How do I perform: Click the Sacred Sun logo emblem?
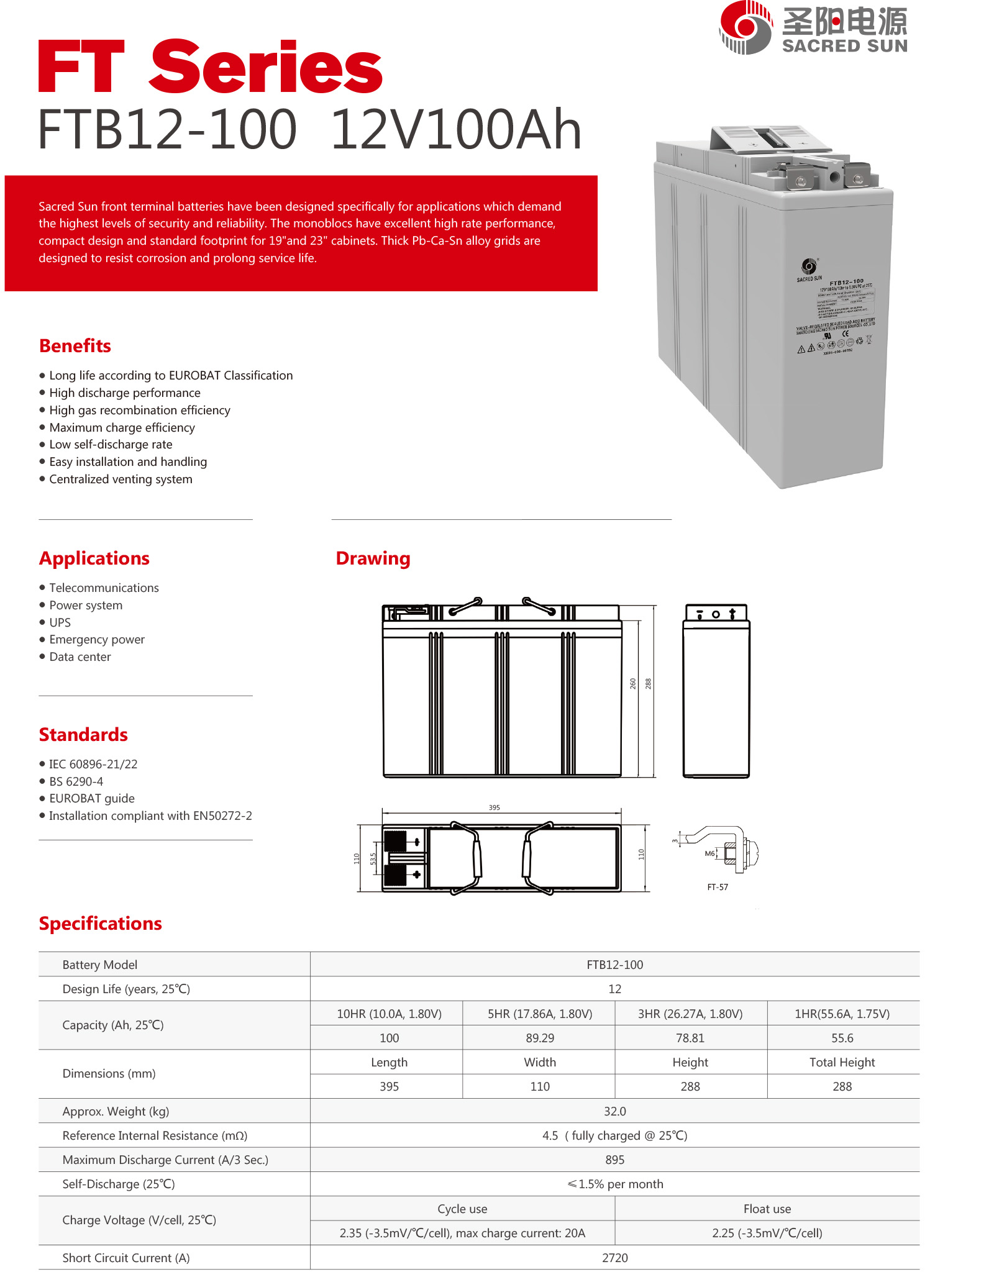pyautogui.click(x=745, y=27)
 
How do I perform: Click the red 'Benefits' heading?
pyautogui.click(x=75, y=346)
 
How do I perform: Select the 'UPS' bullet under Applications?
pyautogui.click(x=60, y=622)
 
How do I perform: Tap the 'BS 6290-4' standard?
pyautogui.click(x=76, y=781)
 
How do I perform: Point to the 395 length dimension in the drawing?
pyautogui.click(x=494, y=807)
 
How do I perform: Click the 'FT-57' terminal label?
pyautogui.click(x=718, y=887)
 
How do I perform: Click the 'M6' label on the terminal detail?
pyautogui.click(x=709, y=853)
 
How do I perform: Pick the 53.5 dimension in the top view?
pyautogui.click(x=373, y=858)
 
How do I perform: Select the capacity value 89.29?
pyautogui.click(x=540, y=1038)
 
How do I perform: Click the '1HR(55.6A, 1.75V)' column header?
pyautogui.click(x=842, y=1014)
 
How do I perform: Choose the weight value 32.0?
pyautogui.click(x=614, y=1111)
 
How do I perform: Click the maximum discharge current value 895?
pyautogui.click(x=614, y=1160)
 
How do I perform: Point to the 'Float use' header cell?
pyautogui.click(x=767, y=1209)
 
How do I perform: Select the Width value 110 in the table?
pyautogui.click(x=540, y=1086)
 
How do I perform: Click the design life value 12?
pyautogui.click(x=614, y=989)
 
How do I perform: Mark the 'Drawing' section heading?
pyautogui.click(x=373, y=558)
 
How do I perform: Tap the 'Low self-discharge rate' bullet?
pyautogui.click(x=111, y=445)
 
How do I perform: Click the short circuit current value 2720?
pyautogui.click(x=614, y=1258)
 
